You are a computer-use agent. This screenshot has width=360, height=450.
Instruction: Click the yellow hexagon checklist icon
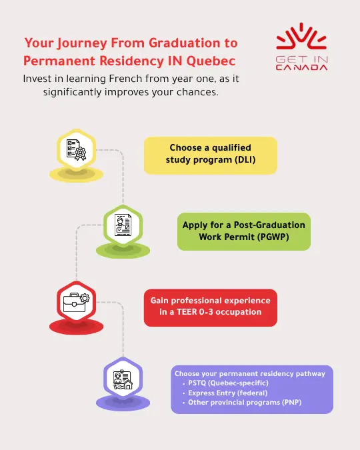point(77,151)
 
